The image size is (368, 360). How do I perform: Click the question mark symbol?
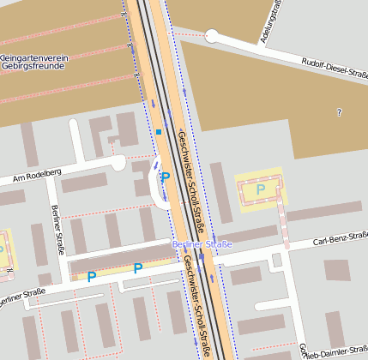(x=340, y=112)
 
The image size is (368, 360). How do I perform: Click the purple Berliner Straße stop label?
(x=202, y=244)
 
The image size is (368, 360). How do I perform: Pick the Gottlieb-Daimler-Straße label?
(x=335, y=350)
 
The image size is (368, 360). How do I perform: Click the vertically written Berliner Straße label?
(x=57, y=231)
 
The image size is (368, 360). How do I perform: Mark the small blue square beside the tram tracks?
(x=159, y=131)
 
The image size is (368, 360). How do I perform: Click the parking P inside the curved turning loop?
(x=166, y=177)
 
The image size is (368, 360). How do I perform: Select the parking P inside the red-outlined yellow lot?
(x=261, y=189)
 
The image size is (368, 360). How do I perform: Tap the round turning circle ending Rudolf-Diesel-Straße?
(x=212, y=37)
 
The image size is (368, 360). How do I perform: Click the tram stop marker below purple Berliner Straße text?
(x=202, y=255)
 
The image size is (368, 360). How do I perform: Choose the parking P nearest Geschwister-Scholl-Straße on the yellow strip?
(x=137, y=269)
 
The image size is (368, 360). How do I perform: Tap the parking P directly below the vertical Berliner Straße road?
(x=91, y=277)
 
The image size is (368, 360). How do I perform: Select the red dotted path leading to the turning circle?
(x=193, y=34)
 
